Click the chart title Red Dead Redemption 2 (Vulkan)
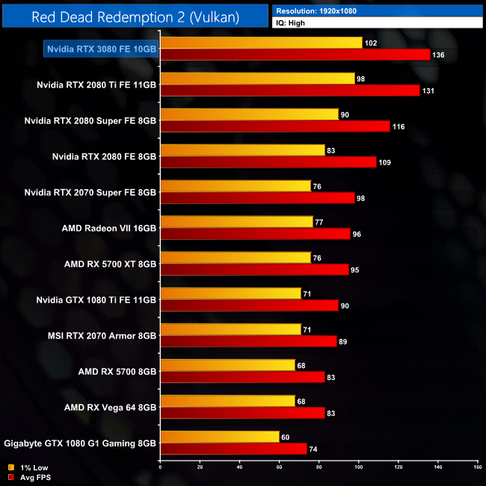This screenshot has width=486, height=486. (136, 16)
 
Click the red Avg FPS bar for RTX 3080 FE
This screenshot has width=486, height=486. (295, 55)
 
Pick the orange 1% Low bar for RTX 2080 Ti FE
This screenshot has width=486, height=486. (257, 79)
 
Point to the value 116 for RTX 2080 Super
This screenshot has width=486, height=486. (398, 126)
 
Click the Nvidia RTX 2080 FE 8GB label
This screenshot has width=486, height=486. (104, 156)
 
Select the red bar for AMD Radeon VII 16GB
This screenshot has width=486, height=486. (255, 234)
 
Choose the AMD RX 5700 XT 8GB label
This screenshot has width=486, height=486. (110, 264)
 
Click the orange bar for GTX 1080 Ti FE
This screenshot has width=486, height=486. (230, 294)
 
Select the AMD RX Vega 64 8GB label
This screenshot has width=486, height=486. (110, 407)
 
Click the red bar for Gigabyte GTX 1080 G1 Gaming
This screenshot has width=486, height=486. (233, 449)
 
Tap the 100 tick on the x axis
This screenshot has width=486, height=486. (358, 468)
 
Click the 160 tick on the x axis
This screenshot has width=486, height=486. (477, 468)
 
